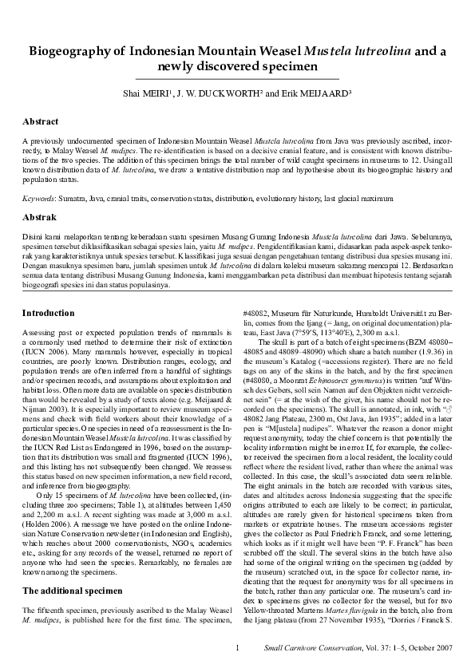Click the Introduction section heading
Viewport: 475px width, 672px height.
click(x=48, y=291)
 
